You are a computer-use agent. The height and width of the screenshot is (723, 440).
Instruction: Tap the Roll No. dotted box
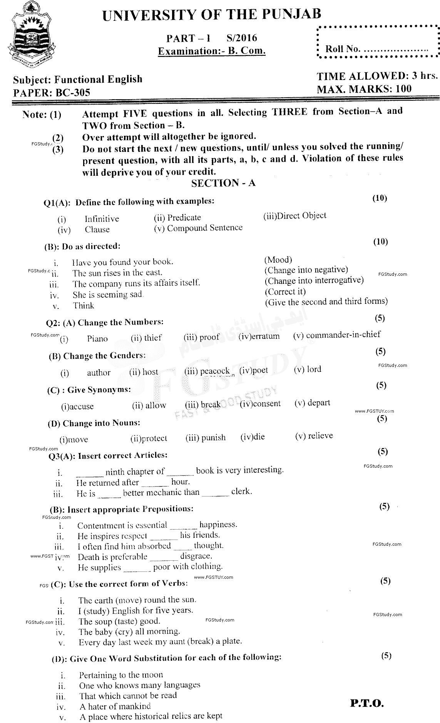pyautogui.click(x=376, y=42)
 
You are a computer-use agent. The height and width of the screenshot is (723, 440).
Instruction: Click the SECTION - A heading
pyautogui.click(x=223, y=183)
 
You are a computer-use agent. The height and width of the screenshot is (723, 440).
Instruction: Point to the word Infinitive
pyautogui.click(x=102, y=219)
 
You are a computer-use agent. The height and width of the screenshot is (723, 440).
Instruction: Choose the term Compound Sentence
pyautogui.click(x=205, y=228)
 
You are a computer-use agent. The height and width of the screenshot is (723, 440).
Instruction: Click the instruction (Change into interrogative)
pyautogui.click(x=314, y=280)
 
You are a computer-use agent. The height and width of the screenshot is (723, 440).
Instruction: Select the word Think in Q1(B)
pyautogui.click(x=84, y=306)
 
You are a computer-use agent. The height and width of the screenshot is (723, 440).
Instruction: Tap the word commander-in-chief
pyautogui.click(x=343, y=335)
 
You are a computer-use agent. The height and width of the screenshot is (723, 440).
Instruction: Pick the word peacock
pyautogui.click(x=214, y=371)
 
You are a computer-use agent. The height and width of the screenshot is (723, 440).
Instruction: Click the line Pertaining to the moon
pyautogui.click(x=121, y=675)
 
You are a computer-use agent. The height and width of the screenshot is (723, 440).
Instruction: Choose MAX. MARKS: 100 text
pyautogui.click(x=364, y=89)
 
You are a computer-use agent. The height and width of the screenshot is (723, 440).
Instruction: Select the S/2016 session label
pyautogui.click(x=242, y=38)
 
